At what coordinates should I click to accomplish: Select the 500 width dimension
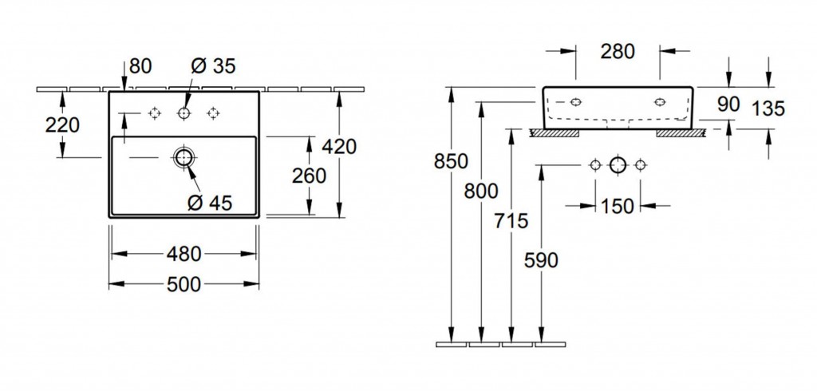point(184,283)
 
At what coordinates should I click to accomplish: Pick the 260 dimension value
point(310,176)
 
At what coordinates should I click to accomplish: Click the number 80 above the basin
point(140,65)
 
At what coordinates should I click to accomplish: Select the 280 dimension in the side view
point(618,52)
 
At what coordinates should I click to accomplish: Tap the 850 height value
point(451,161)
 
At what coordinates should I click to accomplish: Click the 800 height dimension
point(481,191)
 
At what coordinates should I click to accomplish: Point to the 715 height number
point(511,220)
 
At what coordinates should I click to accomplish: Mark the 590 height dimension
point(542,259)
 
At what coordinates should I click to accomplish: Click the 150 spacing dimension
point(618,206)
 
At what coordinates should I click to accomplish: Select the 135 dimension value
point(769,108)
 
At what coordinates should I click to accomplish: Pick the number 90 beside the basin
point(728,104)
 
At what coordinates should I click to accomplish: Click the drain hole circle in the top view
point(184,157)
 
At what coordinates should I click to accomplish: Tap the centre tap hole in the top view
point(184,114)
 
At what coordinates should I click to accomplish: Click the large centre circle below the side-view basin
point(618,165)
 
